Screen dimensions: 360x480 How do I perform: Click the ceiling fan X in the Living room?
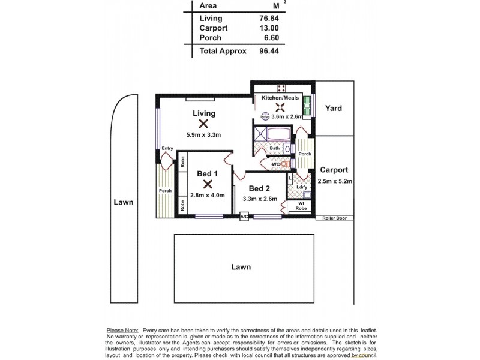tap(203, 124)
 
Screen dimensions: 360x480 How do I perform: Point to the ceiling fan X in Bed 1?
tap(207, 184)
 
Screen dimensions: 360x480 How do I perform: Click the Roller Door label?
tap(335, 218)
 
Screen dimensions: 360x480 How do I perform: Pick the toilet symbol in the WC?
tap(286, 163)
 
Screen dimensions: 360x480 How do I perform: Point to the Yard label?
tap(334, 109)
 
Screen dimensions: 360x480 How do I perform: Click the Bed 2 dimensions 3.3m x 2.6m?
tap(260, 199)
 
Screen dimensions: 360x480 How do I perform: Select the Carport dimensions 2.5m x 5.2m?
tap(335, 181)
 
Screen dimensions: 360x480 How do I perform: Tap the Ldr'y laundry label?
tap(302, 187)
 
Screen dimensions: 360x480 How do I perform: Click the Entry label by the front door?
tap(167, 149)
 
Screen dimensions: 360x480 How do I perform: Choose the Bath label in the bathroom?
tap(274, 148)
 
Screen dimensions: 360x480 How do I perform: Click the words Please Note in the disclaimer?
tap(122, 331)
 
